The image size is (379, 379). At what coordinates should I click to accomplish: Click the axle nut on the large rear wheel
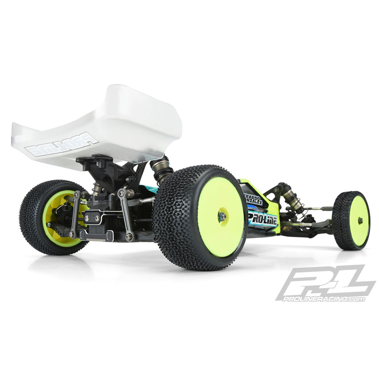click(222, 216)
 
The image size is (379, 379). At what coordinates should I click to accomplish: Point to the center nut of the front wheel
click(360, 221)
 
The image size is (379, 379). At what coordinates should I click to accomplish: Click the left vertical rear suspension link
click(75, 214)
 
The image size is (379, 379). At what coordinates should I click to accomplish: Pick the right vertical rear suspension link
click(126, 213)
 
